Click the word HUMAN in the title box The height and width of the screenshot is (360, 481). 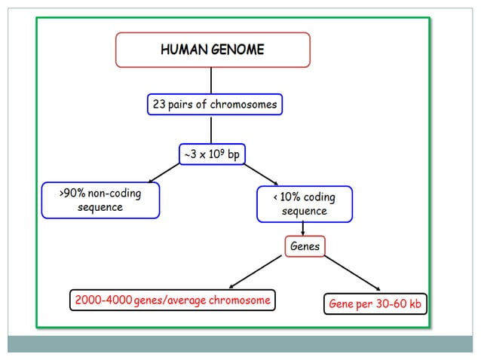click(x=181, y=50)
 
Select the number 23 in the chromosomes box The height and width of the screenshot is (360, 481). click(x=159, y=105)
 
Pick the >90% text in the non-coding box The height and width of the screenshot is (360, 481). click(x=72, y=194)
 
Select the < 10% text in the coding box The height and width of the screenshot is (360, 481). click(x=286, y=197)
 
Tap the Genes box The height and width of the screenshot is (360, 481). click(x=305, y=246)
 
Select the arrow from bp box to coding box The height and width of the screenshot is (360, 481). click(x=261, y=174)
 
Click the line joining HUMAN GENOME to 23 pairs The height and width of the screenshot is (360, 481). click(x=211, y=81)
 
